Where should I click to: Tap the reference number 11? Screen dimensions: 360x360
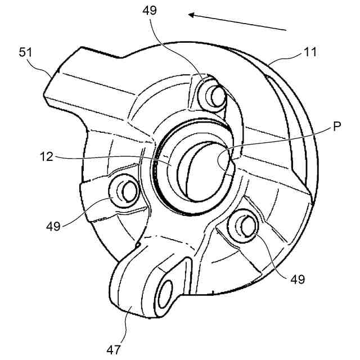(309, 52)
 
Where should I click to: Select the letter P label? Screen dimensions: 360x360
(336, 127)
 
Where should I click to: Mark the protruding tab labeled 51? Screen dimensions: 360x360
(73, 79)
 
